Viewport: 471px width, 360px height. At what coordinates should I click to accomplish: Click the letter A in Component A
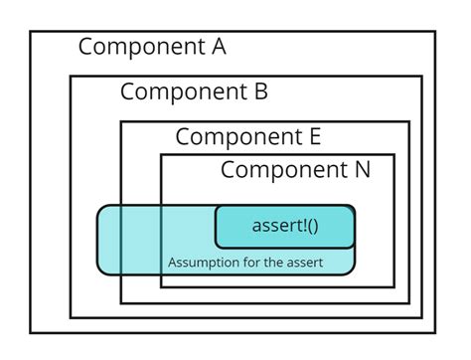pyautogui.click(x=217, y=47)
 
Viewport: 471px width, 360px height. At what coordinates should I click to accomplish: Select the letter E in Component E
pyautogui.click(x=313, y=137)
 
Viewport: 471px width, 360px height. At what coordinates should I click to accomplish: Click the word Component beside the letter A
pyautogui.click(x=138, y=47)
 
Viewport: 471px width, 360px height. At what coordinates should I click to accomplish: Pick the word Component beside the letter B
pyautogui.click(x=181, y=92)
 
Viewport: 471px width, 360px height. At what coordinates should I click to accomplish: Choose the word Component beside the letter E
pyautogui.click(x=236, y=137)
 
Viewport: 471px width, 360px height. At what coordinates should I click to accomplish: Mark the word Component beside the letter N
pyautogui.click(x=282, y=170)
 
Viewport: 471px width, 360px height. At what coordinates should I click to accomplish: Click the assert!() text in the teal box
pyautogui.click(x=285, y=226)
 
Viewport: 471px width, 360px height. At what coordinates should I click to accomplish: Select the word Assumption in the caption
pyautogui.click(x=201, y=263)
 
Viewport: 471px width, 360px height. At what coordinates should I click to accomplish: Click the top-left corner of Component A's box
pyautogui.click(x=31, y=32)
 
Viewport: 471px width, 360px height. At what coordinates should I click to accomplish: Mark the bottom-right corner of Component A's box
pyautogui.click(x=435, y=332)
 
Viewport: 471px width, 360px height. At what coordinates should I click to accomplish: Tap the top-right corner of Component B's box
pyautogui.click(x=421, y=77)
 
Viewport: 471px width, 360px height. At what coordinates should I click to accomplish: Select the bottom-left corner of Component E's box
pyautogui.click(x=121, y=302)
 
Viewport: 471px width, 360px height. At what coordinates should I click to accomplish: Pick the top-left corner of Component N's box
pyautogui.click(x=162, y=155)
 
